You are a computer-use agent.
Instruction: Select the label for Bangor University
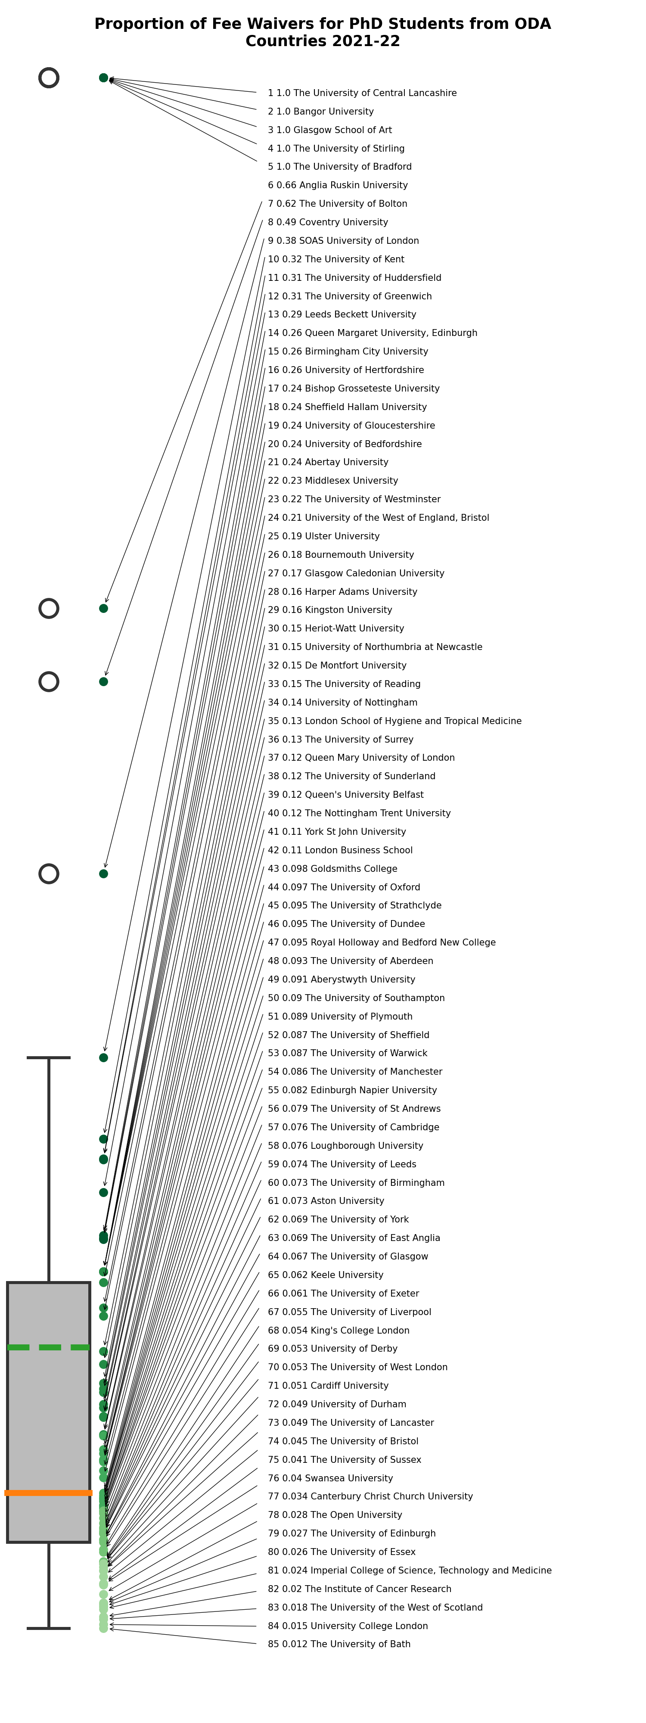tap(320, 112)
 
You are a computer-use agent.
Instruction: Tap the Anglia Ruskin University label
tap(337, 185)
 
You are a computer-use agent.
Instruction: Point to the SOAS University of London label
tap(343, 241)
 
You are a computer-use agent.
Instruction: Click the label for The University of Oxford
tap(344, 887)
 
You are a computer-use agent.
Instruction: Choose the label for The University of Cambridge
tap(353, 1127)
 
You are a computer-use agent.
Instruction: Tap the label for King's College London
tap(339, 1331)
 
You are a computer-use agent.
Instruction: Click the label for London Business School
tap(340, 850)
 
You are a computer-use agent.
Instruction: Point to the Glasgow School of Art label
tap(330, 130)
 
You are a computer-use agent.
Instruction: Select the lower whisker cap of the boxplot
tap(48, 1628)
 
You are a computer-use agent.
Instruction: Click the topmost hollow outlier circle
tap(49, 78)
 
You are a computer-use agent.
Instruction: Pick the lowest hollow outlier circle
tap(49, 874)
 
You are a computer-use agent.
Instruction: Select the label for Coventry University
tap(328, 222)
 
